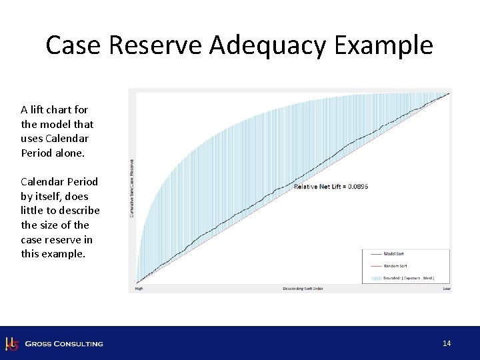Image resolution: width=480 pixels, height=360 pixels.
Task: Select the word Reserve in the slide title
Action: click(155, 46)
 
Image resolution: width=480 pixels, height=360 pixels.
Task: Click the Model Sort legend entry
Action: click(393, 254)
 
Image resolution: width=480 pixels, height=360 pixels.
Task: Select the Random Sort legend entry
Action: click(395, 265)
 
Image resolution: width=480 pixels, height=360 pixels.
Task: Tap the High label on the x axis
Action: click(139, 289)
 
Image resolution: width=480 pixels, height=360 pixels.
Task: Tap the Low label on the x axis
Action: click(446, 289)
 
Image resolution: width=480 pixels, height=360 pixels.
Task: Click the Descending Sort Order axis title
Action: click(302, 289)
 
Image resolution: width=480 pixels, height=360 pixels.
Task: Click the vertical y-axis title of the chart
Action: click(132, 187)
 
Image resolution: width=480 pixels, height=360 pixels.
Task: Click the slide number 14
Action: click(447, 343)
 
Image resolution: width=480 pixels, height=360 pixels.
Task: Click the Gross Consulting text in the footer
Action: click(64, 344)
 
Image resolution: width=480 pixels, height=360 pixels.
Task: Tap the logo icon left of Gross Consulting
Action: click(11, 344)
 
